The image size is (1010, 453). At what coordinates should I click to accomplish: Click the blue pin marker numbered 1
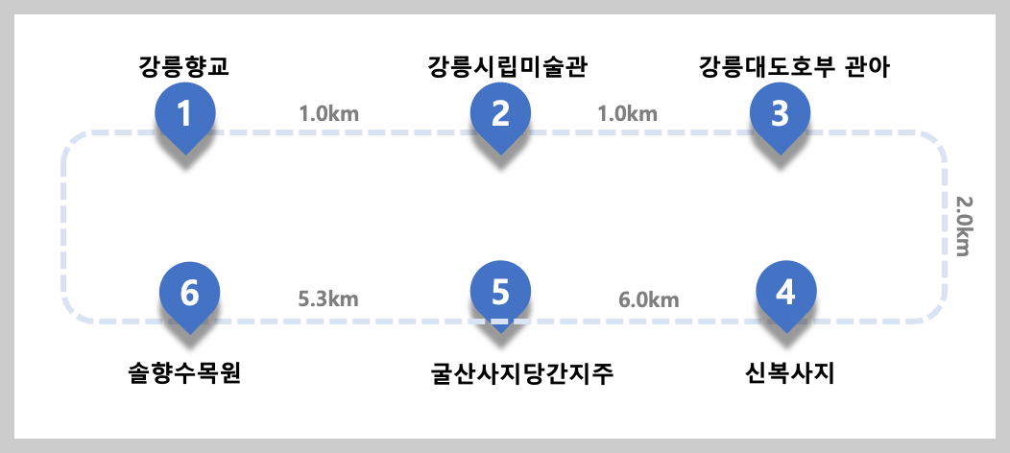click(185, 114)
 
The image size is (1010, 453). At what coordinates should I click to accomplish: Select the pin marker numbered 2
click(500, 114)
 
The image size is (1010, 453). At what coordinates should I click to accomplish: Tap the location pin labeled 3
click(780, 114)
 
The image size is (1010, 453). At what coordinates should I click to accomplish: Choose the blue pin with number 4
click(785, 292)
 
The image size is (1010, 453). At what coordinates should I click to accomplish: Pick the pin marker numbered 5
click(500, 292)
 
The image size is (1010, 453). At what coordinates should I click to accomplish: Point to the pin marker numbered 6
click(189, 292)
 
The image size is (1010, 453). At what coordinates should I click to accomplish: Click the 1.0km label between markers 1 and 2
click(329, 113)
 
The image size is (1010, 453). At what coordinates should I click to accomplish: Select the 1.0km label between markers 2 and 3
click(628, 113)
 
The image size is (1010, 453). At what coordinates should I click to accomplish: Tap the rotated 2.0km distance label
click(963, 226)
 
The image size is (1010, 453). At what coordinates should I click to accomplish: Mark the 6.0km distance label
click(648, 299)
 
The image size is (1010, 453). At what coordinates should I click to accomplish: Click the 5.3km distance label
click(328, 298)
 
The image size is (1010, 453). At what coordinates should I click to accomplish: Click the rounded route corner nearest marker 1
click(74, 143)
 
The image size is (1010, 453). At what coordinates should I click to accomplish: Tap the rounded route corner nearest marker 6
click(74, 310)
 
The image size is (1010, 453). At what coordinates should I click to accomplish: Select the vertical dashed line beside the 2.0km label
click(945, 226)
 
